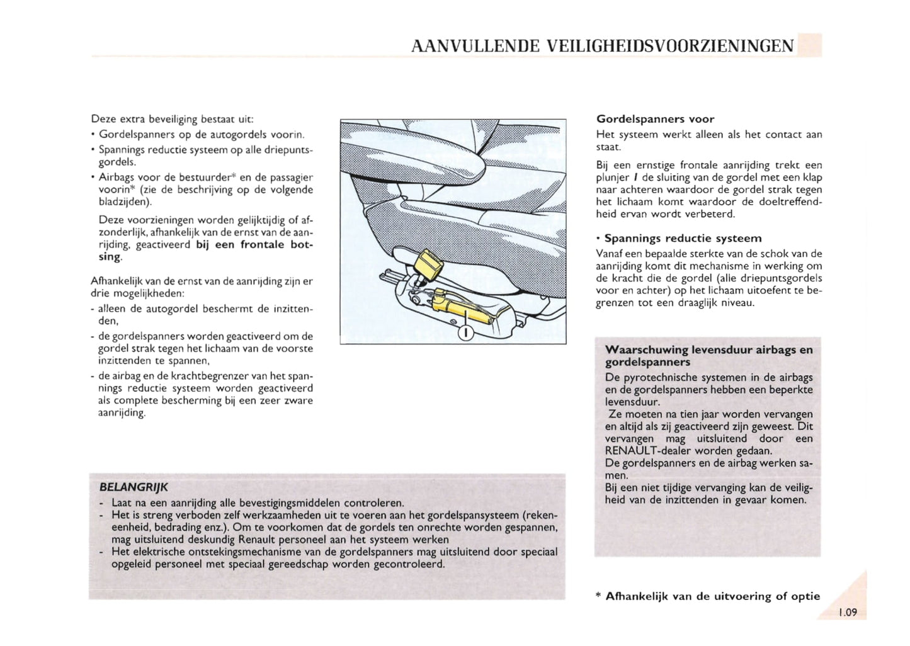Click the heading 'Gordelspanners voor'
click(x=655, y=119)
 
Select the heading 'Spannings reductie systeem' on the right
click(x=683, y=238)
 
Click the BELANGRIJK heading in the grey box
click(x=134, y=487)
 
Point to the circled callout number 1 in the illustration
click(x=465, y=332)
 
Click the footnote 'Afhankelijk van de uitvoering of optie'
click(x=712, y=596)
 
